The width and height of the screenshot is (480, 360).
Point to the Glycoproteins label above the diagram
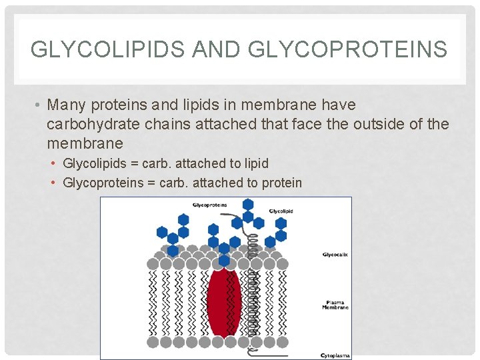click(x=209, y=205)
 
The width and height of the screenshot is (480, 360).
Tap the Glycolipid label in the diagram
click(x=281, y=211)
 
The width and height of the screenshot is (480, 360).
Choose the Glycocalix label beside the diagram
click(x=335, y=254)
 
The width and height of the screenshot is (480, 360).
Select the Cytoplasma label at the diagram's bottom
click(x=335, y=355)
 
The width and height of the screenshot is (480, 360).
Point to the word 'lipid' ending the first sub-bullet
click(x=256, y=163)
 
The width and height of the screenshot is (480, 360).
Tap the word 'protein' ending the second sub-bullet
click(x=280, y=183)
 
